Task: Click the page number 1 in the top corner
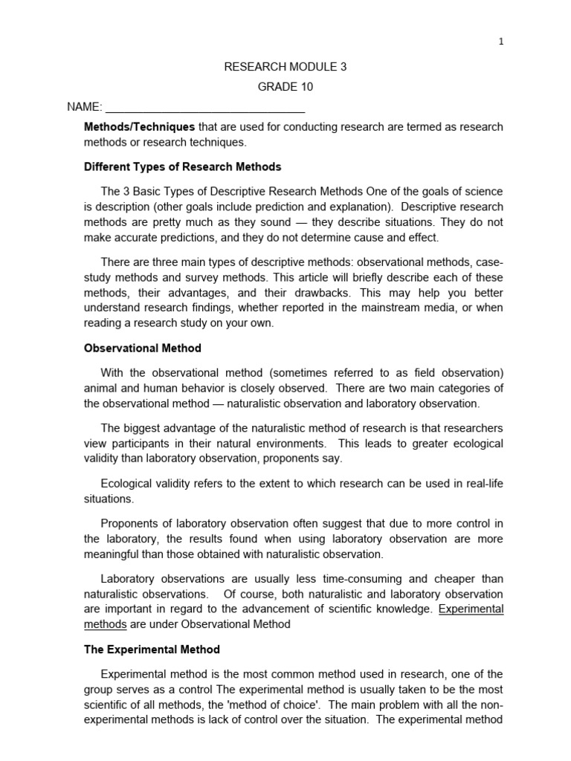pyautogui.click(x=501, y=42)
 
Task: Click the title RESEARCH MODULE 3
pyautogui.click(x=285, y=67)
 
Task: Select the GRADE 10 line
pyautogui.click(x=285, y=86)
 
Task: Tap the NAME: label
pyautogui.click(x=84, y=107)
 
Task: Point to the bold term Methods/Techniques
pyautogui.click(x=139, y=127)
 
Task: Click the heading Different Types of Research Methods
pyautogui.click(x=182, y=166)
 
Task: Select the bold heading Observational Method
pyautogui.click(x=142, y=348)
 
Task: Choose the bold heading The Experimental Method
pyautogui.click(x=152, y=650)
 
